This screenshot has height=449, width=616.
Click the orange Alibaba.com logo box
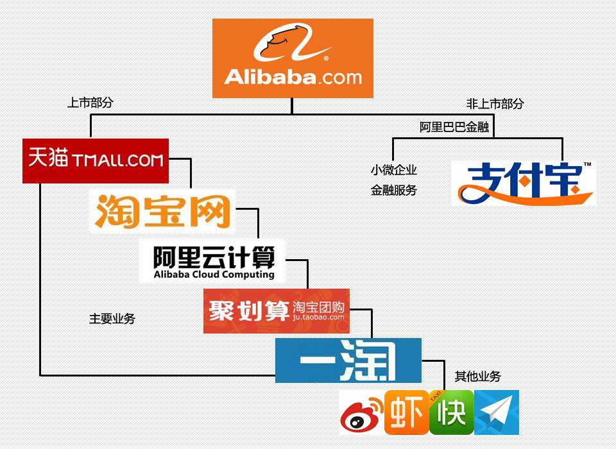click(x=293, y=58)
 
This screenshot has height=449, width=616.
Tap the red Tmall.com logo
click(x=96, y=160)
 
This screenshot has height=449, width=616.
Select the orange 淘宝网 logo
click(x=162, y=210)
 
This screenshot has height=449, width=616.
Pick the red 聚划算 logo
click(x=276, y=311)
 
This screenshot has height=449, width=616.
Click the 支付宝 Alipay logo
click(x=524, y=183)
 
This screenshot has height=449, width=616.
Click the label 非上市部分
click(x=495, y=104)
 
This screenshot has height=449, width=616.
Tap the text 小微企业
click(x=393, y=171)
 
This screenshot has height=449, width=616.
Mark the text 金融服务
click(x=393, y=190)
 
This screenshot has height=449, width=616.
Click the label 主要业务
click(x=112, y=319)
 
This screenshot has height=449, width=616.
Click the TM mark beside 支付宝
click(x=586, y=165)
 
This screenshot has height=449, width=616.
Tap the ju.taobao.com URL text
click(x=318, y=316)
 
